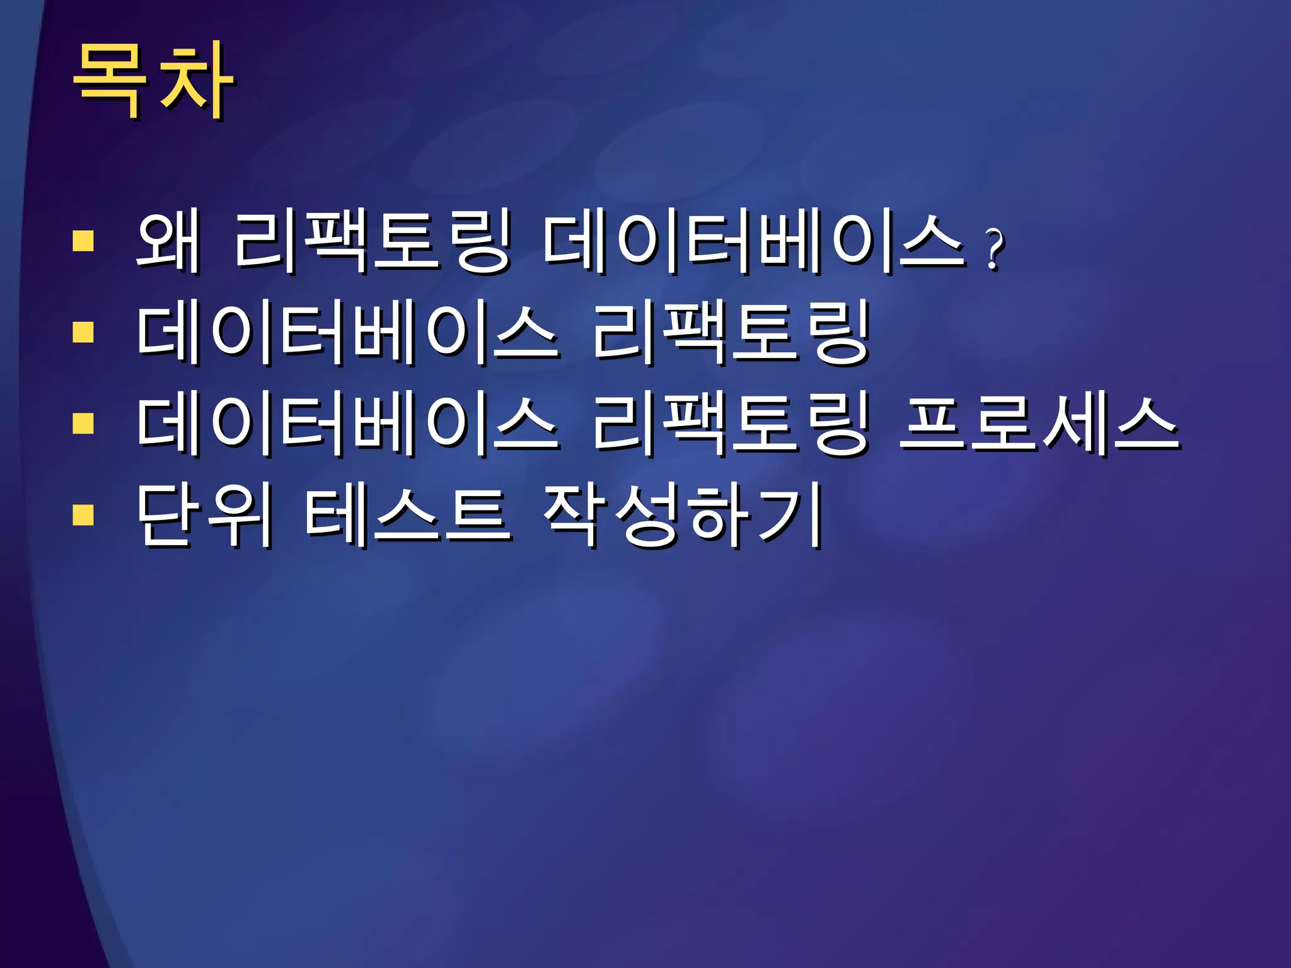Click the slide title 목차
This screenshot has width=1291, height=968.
click(x=153, y=81)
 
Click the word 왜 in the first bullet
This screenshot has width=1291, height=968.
click(x=168, y=242)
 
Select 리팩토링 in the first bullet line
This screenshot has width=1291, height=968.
click(x=372, y=242)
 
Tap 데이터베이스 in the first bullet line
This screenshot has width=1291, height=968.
click(x=754, y=242)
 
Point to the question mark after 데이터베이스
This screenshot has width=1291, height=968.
click(x=994, y=249)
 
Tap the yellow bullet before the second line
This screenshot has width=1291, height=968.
click(x=83, y=332)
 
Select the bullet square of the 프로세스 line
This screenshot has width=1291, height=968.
click(x=83, y=423)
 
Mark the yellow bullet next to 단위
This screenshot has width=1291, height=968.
click(x=83, y=514)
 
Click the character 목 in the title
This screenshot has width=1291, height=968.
click(x=108, y=81)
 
